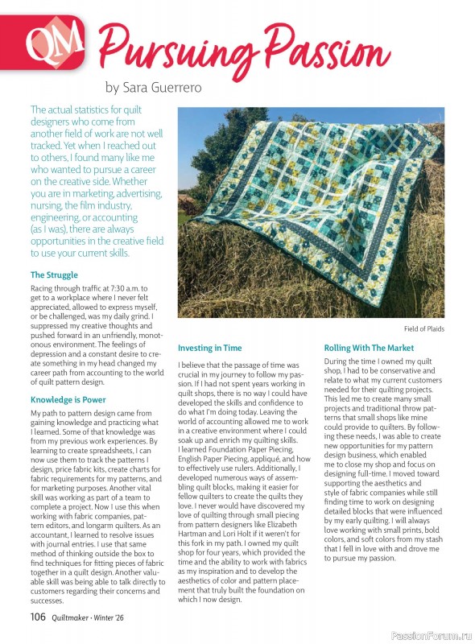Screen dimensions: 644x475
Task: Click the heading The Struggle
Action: (x=54, y=275)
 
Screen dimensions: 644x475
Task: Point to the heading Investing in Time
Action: (x=209, y=348)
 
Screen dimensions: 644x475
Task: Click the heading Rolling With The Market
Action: (x=369, y=348)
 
